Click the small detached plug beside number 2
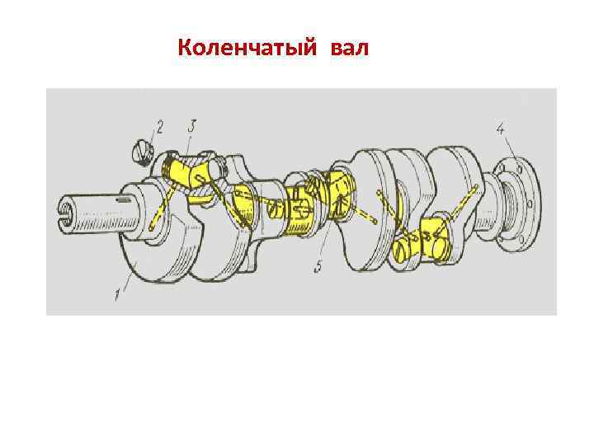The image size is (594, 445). tap(142, 152)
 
